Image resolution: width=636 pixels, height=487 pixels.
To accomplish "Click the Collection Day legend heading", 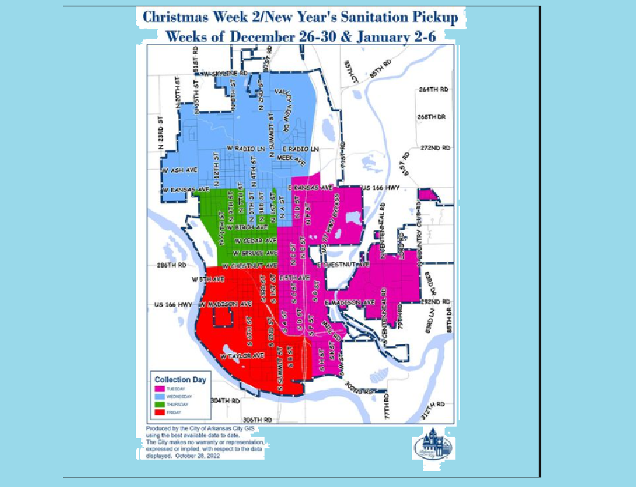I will [x=181, y=380].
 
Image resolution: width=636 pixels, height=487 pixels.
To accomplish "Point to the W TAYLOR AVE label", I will [x=242, y=357].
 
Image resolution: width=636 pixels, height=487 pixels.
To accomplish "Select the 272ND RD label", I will [x=434, y=147].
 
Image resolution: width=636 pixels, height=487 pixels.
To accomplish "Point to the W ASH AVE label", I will [x=177, y=171].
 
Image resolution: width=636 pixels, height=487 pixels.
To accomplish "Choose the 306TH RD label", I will [x=258, y=420].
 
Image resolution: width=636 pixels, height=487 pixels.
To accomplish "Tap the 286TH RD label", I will [x=172, y=264].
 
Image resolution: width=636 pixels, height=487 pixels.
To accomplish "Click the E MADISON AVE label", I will [x=350, y=302].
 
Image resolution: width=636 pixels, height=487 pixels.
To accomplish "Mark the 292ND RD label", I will [x=436, y=301].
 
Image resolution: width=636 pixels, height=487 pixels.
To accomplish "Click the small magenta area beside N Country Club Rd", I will [x=427, y=195].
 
